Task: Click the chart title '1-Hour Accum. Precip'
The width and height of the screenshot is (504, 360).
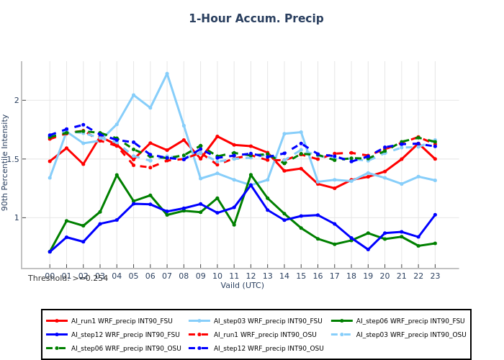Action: (x=256, y=19)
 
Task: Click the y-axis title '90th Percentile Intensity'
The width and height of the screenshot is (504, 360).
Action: (x=6, y=162)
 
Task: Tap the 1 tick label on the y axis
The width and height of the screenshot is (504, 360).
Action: (x=15, y=217)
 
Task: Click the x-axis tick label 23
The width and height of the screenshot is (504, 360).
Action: (x=435, y=276)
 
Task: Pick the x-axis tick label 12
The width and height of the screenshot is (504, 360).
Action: (x=251, y=276)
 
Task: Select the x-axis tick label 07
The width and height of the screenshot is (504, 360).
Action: (x=167, y=276)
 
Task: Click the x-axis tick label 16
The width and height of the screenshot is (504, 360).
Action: (x=318, y=276)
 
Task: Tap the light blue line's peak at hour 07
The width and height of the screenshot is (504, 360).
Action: (x=167, y=73)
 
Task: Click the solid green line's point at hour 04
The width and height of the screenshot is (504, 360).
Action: (x=117, y=175)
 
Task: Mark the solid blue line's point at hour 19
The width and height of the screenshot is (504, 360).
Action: (x=368, y=250)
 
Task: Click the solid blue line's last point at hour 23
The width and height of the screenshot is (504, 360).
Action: (x=435, y=215)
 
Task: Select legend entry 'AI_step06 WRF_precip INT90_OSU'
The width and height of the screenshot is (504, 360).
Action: (x=111, y=348)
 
